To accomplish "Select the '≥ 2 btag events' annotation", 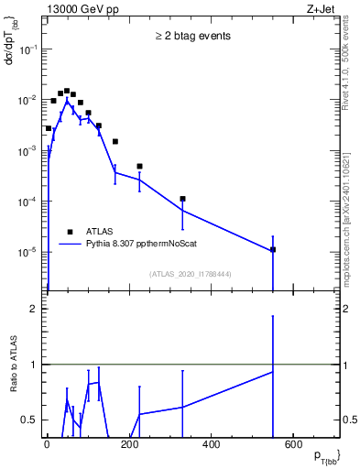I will [x=192, y=37].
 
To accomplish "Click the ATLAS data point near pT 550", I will [x=272, y=249].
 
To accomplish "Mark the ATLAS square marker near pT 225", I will [x=139, y=167].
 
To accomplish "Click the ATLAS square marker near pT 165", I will [x=115, y=142].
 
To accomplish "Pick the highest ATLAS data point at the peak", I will [x=67, y=91].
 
